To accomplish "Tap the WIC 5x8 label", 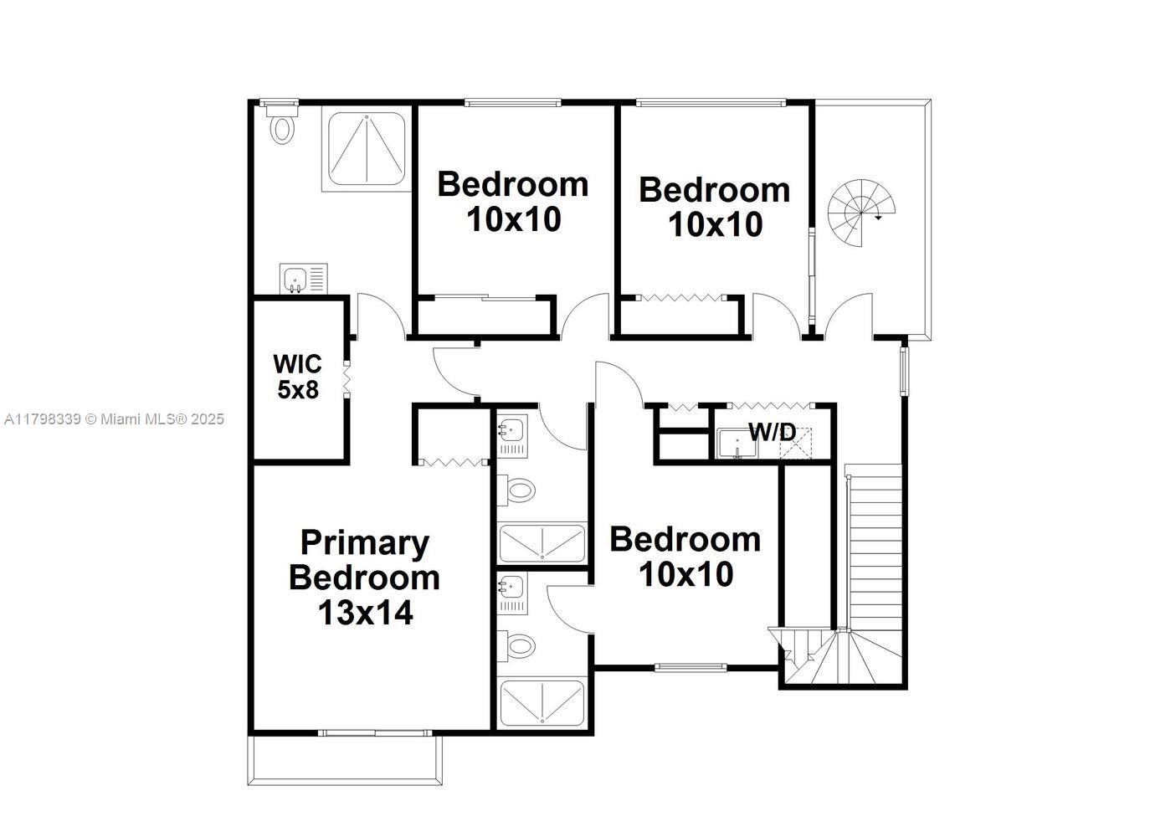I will pyautogui.click(x=296, y=377).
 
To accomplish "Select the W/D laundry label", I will pyautogui.click(x=772, y=432).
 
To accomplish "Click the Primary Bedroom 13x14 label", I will pyautogui.click(x=364, y=578).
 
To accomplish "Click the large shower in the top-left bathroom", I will pyautogui.click(x=367, y=148).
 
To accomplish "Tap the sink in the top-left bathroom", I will pyautogui.click(x=295, y=279).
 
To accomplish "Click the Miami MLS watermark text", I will pyautogui.click(x=114, y=419).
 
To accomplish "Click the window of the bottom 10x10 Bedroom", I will pyautogui.click(x=691, y=667).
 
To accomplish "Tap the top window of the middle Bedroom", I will pyautogui.click(x=512, y=103).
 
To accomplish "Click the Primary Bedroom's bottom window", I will pyautogui.click(x=375, y=733).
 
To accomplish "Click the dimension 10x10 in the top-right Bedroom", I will pyautogui.click(x=715, y=225).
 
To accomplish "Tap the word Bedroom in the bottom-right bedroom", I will pyautogui.click(x=685, y=540).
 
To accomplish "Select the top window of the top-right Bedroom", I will pyautogui.click(x=711, y=103).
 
